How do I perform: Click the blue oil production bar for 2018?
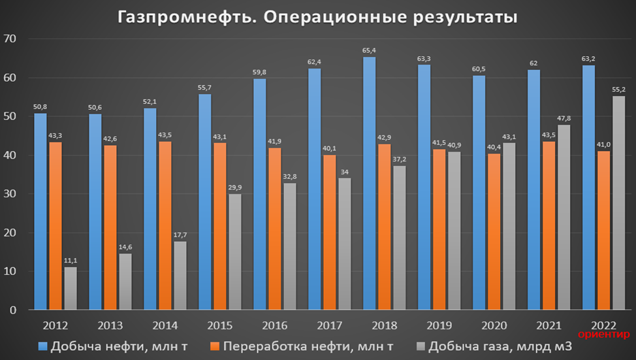[x=369, y=183]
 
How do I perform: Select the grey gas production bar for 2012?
[x=70, y=288]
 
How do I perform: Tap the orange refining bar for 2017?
[x=329, y=232]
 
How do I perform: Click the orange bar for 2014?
[x=166, y=225]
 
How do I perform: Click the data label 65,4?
[x=369, y=50]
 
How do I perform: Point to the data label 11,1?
[x=70, y=260]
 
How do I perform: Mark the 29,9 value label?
[x=234, y=188]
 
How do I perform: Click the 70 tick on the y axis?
[x=16, y=39]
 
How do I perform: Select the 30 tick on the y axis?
[x=16, y=194]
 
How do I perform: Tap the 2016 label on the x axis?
[x=274, y=325]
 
